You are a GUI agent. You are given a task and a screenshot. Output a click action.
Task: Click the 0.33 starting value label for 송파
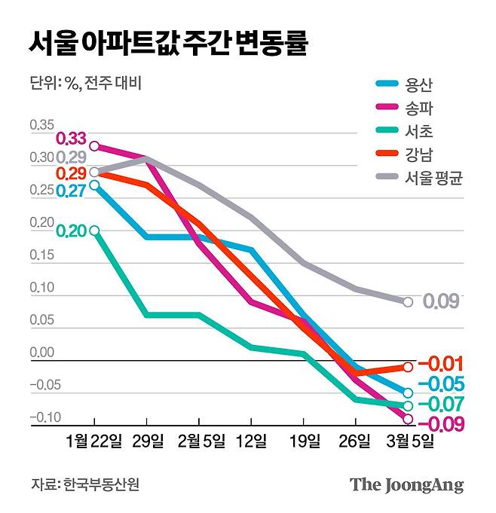click(x=72, y=139)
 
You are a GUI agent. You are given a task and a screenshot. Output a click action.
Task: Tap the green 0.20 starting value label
click(x=72, y=231)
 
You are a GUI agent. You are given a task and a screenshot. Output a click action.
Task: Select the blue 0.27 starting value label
click(x=72, y=191)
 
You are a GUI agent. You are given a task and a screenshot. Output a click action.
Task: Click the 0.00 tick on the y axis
click(x=42, y=352)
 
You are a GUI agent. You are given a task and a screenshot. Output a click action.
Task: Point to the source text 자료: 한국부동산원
click(x=85, y=484)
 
